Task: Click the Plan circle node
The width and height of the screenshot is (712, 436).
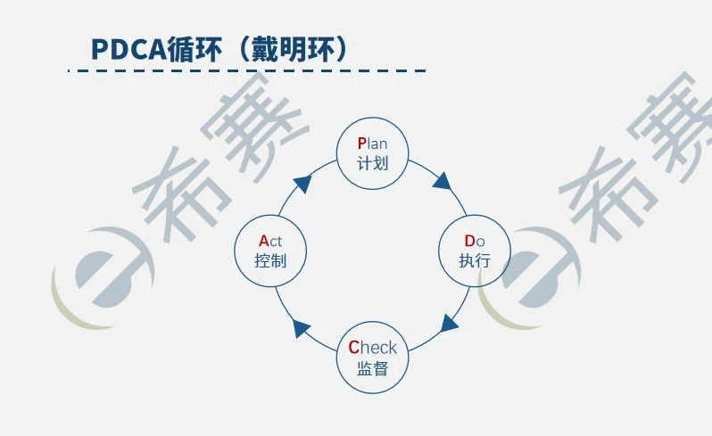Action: (372, 153)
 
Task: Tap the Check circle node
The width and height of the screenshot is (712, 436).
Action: (372, 358)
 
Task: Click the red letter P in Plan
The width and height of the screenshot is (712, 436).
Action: (361, 144)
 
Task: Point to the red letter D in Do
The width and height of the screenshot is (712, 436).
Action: (469, 241)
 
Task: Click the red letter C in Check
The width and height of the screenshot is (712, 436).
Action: (353, 348)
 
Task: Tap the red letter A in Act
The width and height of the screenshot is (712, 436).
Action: (263, 241)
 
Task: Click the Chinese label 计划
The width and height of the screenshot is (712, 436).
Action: (372, 164)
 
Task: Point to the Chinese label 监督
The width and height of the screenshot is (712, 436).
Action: (372, 368)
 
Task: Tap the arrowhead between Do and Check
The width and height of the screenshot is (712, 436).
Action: (450, 322)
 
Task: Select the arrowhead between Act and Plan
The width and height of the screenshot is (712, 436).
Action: (302, 184)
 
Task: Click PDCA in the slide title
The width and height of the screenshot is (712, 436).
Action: (129, 50)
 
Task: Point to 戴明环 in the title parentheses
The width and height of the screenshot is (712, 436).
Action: (297, 50)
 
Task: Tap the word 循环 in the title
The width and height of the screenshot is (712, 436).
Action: (196, 50)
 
